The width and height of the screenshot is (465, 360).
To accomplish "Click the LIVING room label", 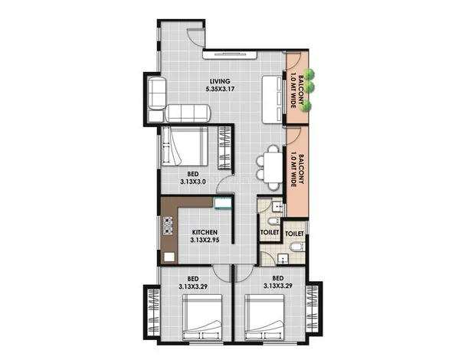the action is pyautogui.click(x=220, y=81).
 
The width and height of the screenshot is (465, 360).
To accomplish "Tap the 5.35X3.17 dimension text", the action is pyautogui.click(x=220, y=89).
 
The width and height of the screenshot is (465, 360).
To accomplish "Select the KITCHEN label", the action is pyautogui.click(x=205, y=232).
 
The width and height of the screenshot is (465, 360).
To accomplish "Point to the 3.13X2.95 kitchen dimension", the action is pyautogui.click(x=205, y=240).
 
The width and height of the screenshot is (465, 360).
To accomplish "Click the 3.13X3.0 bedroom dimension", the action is pyautogui.click(x=193, y=182).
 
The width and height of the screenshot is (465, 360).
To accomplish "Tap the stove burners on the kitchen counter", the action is pyautogui.click(x=168, y=226).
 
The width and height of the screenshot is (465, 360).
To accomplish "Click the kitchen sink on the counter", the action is pyautogui.click(x=169, y=257).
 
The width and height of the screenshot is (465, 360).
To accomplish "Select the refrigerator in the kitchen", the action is pyautogui.click(x=223, y=203).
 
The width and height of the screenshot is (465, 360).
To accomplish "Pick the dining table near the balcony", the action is pyautogui.click(x=273, y=168).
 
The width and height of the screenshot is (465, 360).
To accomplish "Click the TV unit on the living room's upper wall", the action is pyautogui.click(x=230, y=55).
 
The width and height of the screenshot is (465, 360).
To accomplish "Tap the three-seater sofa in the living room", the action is pyautogui.click(x=188, y=113).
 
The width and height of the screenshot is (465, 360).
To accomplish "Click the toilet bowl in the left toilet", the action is pyautogui.click(x=273, y=221).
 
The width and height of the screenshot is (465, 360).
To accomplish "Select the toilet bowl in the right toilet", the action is pyautogui.click(x=297, y=247).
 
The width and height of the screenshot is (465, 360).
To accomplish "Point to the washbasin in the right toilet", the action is pyautogui.click(x=283, y=259).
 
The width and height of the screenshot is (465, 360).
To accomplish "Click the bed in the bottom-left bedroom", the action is pyautogui.click(x=202, y=317).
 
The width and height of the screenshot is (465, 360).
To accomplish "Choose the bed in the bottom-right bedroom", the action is pyautogui.click(x=265, y=317).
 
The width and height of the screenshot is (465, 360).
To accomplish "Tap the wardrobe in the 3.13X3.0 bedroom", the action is pyautogui.click(x=224, y=148).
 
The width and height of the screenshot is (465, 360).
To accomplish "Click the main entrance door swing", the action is pyautogui.click(x=195, y=38).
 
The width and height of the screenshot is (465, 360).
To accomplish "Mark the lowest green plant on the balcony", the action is pyautogui.click(x=306, y=106).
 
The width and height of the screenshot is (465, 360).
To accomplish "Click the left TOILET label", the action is pyautogui.click(x=270, y=232).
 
